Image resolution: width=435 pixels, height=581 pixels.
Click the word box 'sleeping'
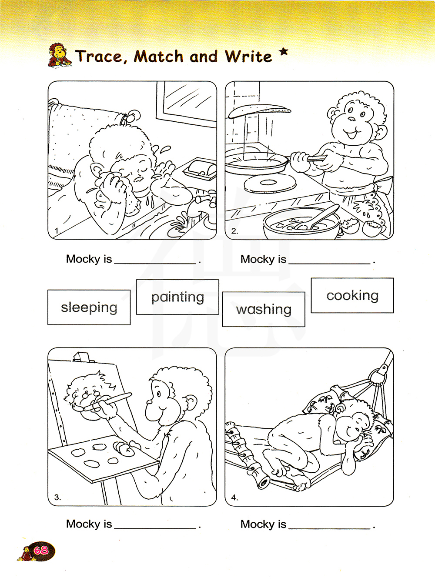pos(89,307)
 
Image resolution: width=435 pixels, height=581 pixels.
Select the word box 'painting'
pos(177,297)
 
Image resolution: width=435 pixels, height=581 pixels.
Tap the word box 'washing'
pos(264,309)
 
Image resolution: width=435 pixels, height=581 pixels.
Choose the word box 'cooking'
pos(352,295)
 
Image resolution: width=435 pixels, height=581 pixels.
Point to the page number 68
pos(41,551)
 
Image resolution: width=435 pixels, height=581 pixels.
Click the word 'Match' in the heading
pos(159,57)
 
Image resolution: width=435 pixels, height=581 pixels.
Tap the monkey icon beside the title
pos(59,55)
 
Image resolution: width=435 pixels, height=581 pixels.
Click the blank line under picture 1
pos(155,264)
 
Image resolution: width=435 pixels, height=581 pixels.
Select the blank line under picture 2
pos(329,264)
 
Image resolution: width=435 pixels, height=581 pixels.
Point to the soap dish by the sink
pos(200,169)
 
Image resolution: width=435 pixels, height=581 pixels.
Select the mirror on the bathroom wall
pos(186,104)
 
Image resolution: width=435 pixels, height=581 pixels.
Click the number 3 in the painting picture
pos(57,498)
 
